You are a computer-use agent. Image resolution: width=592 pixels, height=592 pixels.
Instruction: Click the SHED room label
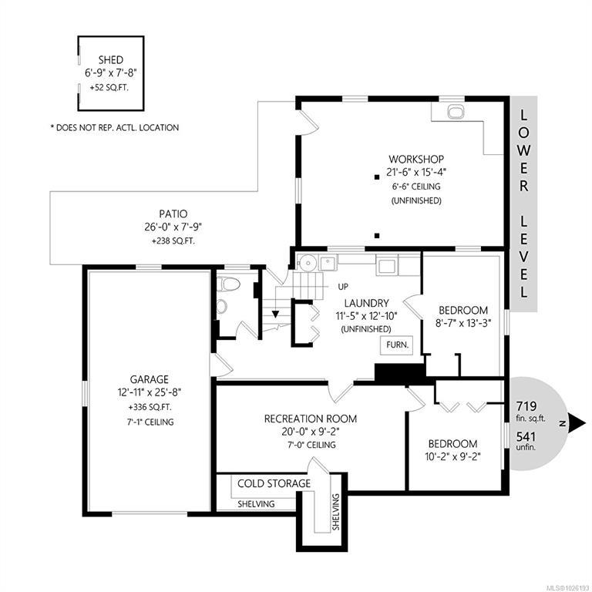coord(111,60)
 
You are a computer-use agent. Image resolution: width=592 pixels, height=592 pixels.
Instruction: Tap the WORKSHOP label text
coord(416,160)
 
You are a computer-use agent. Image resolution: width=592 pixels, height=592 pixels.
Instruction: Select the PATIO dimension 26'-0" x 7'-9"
coord(173,227)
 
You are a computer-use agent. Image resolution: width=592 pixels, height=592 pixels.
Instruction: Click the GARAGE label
coord(149,379)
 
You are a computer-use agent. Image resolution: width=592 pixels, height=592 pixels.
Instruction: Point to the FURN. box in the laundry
coord(397,345)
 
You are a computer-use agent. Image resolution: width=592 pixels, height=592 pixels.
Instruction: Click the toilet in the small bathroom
coord(229,284)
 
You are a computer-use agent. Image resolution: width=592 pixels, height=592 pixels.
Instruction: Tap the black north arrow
coord(577,424)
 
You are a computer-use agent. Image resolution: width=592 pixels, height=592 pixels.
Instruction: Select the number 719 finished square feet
coord(526,407)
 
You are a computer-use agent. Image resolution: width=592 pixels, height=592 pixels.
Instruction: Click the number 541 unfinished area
coord(526,437)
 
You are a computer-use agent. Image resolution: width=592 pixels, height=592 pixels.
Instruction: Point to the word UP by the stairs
coord(343,287)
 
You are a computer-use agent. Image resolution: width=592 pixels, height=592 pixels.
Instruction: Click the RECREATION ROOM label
coord(311,419)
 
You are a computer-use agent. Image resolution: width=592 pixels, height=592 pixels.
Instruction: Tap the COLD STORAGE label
coord(274,483)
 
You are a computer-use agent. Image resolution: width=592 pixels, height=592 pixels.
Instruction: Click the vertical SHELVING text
coord(336,512)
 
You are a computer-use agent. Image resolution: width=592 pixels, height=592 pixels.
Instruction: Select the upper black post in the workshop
coord(376,177)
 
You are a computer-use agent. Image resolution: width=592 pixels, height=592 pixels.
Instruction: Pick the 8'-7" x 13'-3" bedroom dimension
coord(462,324)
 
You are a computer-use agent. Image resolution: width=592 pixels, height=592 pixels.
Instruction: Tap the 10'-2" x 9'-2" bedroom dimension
coord(452,457)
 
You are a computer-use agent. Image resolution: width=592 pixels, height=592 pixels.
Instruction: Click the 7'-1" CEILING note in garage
coord(150,422)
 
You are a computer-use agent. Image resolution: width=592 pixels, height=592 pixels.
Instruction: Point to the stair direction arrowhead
coord(276,314)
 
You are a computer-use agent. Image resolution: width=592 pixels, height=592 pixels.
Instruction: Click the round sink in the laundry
coord(308,262)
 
